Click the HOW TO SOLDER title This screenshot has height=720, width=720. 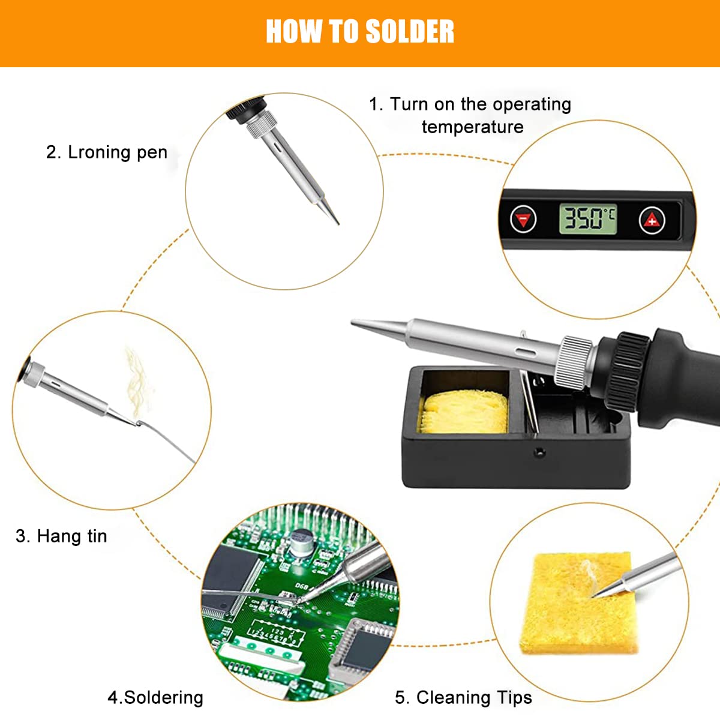(x=360, y=31)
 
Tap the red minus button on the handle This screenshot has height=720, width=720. (x=523, y=220)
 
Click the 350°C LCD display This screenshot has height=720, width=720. (x=587, y=218)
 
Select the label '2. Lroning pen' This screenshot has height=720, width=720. (x=107, y=152)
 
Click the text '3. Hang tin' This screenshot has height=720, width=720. (x=61, y=536)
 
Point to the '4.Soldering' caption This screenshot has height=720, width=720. (x=155, y=697)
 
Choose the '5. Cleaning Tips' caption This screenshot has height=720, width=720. (x=463, y=697)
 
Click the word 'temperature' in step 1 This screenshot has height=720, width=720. (x=472, y=127)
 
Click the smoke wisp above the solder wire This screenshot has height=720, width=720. (x=137, y=378)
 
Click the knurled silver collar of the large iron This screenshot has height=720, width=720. (x=573, y=362)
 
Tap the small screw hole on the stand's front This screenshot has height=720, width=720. (x=539, y=452)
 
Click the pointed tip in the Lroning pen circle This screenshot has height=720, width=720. (x=336, y=221)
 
